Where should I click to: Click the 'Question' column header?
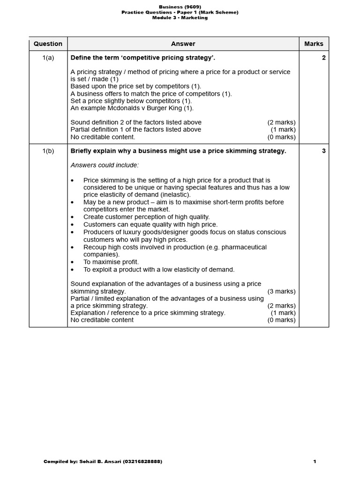(x=48, y=44)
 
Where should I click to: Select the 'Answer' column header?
(x=183, y=44)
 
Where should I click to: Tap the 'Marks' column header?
(x=314, y=44)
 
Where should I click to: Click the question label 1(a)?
(x=48, y=58)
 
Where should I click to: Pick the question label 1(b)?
(x=48, y=151)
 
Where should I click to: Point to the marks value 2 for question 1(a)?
(x=324, y=58)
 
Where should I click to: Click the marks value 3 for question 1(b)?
(x=324, y=151)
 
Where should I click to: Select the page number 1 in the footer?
(x=315, y=462)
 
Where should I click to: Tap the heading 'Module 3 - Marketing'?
(x=180, y=18)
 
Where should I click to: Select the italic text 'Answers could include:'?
(x=105, y=165)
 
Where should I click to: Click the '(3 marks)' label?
(x=281, y=291)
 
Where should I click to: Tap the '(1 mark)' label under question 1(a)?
(x=283, y=129)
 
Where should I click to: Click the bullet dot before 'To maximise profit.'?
(x=72, y=262)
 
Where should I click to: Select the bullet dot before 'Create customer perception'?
(x=72, y=217)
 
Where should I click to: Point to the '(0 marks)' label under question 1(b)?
(x=281, y=320)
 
